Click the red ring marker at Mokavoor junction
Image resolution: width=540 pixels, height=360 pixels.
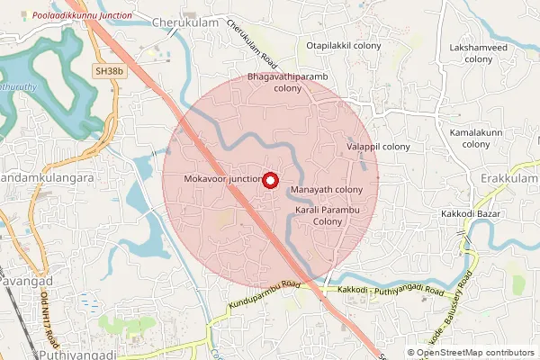click(x=268, y=179)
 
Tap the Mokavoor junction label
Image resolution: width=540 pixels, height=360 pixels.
click(x=222, y=179)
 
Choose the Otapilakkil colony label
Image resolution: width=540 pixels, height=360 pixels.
click(x=344, y=45)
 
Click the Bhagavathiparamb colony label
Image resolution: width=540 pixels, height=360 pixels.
click(x=287, y=83)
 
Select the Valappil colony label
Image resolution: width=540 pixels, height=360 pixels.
click(x=378, y=146)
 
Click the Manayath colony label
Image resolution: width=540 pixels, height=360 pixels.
click(x=327, y=190)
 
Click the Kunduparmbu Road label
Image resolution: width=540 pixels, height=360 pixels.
click(x=264, y=295)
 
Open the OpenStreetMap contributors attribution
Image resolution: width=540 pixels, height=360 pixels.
click(x=476, y=353)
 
